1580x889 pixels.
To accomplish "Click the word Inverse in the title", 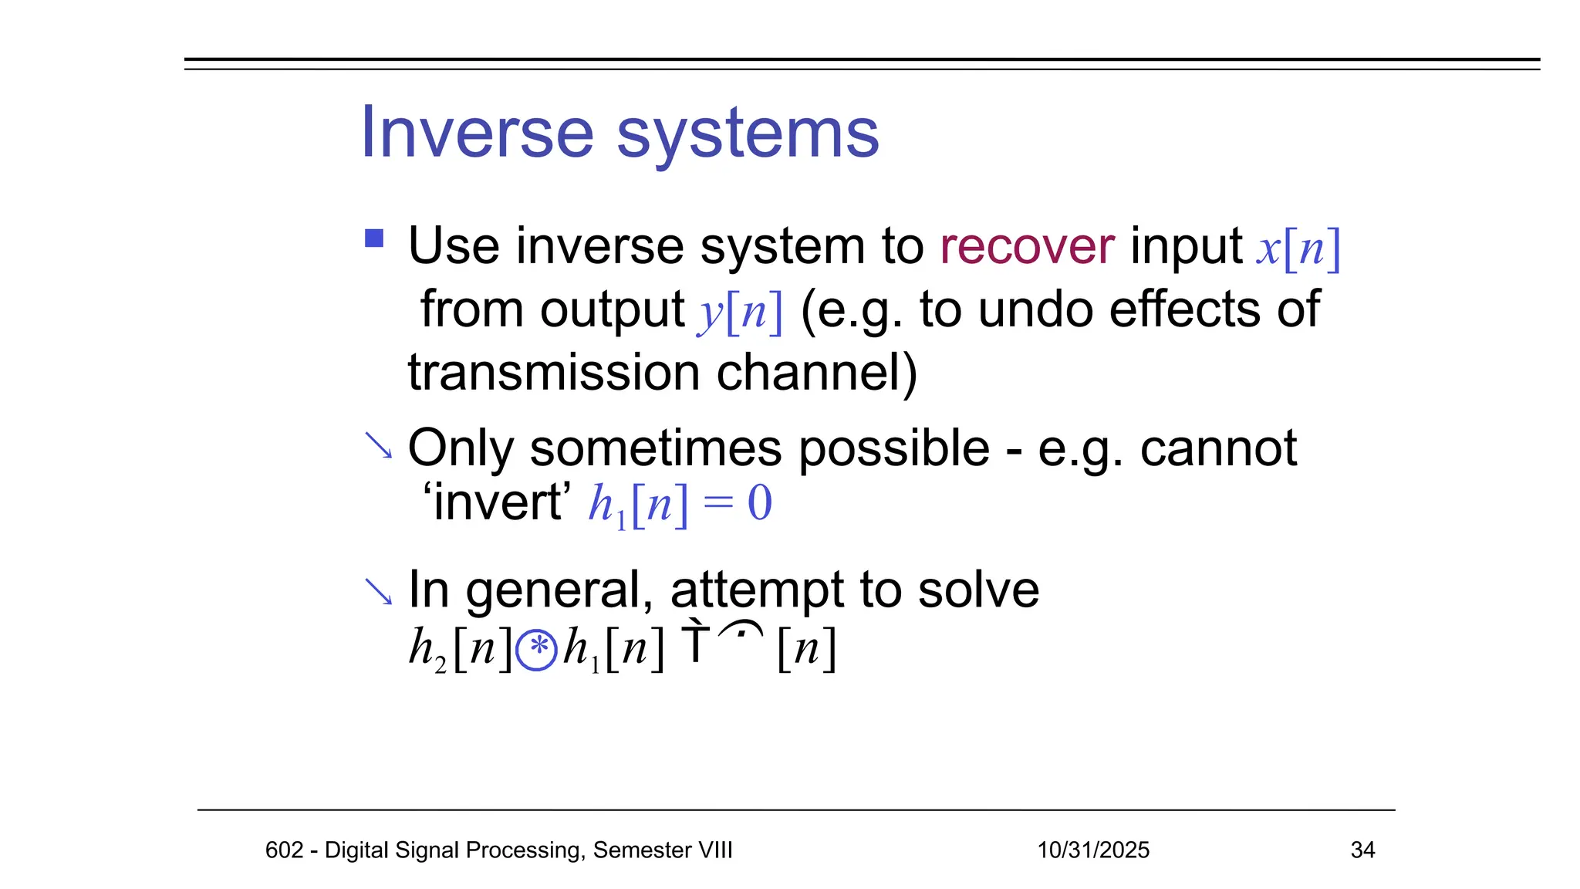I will click(477, 133).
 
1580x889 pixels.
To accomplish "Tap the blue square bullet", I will click(374, 238).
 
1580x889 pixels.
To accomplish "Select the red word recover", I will click(1027, 247).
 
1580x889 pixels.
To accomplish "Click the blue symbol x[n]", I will click(1298, 248).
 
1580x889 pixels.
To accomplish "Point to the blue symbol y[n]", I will click(740, 312).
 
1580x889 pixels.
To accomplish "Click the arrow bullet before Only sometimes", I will click(378, 445).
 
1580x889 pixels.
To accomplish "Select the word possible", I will click(893, 448).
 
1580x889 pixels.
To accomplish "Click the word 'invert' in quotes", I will click(498, 503).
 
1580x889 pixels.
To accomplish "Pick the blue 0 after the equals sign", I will click(759, 504).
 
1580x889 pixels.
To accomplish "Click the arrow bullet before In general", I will click(378, 592).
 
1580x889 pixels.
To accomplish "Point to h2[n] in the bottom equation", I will click(460, 648).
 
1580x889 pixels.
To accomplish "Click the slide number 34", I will click(1362, 850).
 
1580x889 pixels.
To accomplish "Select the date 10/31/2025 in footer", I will click(1092, 850).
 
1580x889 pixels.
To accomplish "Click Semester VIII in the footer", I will click(662, 850).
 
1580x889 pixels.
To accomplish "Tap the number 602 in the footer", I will click(284, 850).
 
